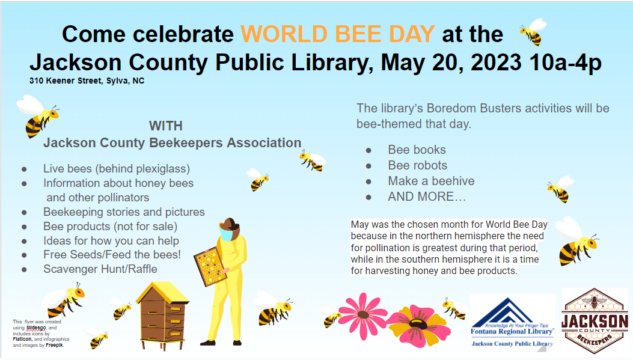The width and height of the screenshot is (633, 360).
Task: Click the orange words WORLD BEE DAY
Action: [337, 34]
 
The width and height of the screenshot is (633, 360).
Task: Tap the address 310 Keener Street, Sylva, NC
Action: [87, 81]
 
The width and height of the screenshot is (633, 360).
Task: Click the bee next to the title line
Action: [533, 31]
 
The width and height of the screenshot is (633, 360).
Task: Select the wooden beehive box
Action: [162, 316]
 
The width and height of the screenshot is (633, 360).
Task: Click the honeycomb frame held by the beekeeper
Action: [210, 266]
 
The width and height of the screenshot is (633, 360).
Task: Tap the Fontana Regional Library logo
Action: [512, 322]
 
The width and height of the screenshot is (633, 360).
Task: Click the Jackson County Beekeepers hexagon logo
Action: [595, 321]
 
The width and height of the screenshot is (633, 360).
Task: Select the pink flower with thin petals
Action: [362, 316]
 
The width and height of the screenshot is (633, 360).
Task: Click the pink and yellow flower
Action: [418, 326]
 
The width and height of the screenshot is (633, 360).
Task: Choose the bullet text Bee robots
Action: [417, 165]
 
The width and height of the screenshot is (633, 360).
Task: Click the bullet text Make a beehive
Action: [431, 182]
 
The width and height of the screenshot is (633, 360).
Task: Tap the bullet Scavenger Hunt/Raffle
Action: [100, 269]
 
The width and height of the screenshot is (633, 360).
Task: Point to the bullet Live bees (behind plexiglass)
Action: [116, 169]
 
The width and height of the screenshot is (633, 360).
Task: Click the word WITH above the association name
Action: [165, 126]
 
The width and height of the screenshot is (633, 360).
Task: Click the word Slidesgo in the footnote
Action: [36, 328]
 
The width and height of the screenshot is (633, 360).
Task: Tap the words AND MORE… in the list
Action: [427, 197]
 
